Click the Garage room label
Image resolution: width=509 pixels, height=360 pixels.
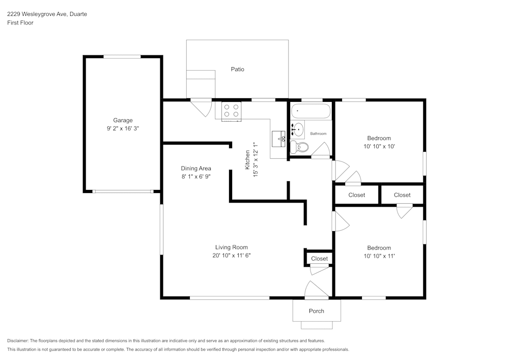pyautogui.click(x=123, y=121)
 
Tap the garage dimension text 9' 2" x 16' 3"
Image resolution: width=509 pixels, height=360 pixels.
pyautogui.click(x=123, y=129)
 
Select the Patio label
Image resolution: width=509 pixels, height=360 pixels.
pyautogui.click(x=237, y=69)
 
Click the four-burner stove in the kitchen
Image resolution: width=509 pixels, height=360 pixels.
pyautogui.click(x=232, y=110)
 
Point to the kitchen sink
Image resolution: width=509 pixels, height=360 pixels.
pyautogui.click(x=279, y=139)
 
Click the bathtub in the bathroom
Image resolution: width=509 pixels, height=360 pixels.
pyautogui.click(x=310, y=110)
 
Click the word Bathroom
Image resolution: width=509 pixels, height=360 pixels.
pyautogui.click(x=319, y=133)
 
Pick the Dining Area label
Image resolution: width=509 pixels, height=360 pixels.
pyautogui.click(x=196, y=169)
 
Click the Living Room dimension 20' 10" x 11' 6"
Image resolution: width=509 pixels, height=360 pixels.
pyautogui.click(x=231, y=256)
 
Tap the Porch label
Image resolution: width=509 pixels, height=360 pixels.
pyautogui.click(x=316, y=311)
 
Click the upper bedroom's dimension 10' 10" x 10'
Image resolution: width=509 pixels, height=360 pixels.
pyautogui.click(x=379, y=147)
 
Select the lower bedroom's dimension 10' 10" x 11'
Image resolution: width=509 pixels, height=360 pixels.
pyautogui.click(x=379, y=256)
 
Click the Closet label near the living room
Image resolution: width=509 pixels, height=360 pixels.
pyautogui.click(x=319, y=259)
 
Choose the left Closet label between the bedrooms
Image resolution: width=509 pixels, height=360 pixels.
pyautogui.click(x=357, y=195)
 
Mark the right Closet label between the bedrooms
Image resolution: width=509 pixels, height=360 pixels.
pyautogui.click(x=402, y=195)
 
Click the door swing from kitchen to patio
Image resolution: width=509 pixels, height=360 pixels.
pyautogui.click(x=203, y=107)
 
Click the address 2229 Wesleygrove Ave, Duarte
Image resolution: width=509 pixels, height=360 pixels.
pyautogui.click(x=46, y=14)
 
